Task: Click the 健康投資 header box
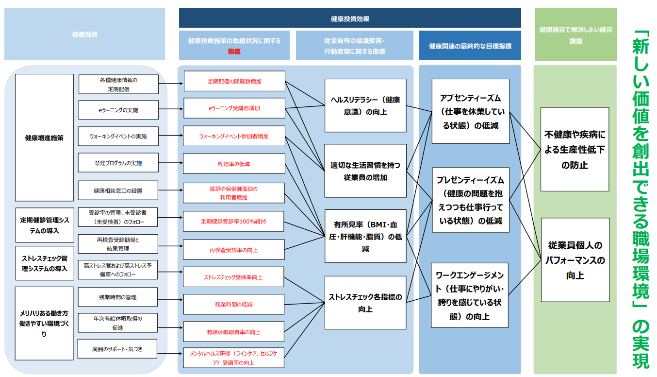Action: point(84,34)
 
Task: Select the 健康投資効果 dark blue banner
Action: point(349,18)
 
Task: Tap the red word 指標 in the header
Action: point(234,51)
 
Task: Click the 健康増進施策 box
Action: point(44,137)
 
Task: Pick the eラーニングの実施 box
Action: point(118,110)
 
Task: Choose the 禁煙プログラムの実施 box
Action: point(118,163)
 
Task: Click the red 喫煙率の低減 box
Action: point(233,164)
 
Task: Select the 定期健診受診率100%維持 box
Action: point(233,221)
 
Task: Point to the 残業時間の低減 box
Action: point(233,304)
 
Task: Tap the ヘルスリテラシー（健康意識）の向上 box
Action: point(365,105)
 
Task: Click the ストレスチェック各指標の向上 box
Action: point(365,302)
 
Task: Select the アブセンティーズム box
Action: point(470,111)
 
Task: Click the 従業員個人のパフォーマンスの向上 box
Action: point(575,260)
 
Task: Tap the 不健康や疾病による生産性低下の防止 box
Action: point(575,150)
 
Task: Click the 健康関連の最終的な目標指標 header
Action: point(470,46)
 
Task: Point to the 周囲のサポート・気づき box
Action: point(117,349)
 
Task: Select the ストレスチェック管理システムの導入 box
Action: point(44,263)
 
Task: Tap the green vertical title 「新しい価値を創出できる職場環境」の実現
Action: point(641,199)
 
